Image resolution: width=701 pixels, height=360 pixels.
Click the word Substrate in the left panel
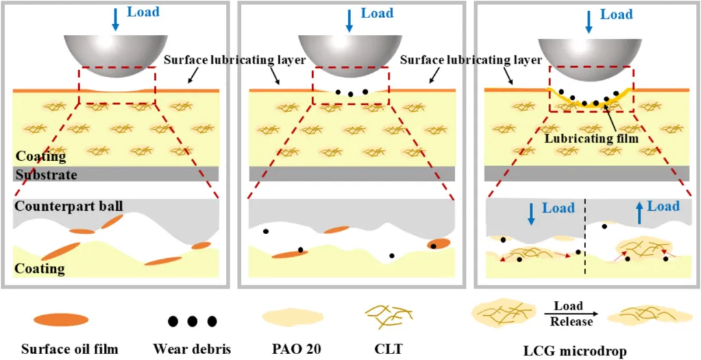tap(46, 175)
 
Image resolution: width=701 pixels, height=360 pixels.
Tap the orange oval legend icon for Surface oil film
tap(62, 319)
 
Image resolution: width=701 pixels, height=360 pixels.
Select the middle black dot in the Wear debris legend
tap(192, 321)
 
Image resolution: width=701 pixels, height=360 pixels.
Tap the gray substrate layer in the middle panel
tap(350, 173)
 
